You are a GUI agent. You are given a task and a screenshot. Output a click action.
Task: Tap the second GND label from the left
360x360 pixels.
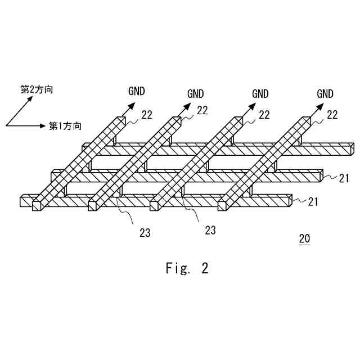click(x=196, y=93)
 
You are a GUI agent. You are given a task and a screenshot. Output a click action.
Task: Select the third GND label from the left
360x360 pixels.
click(x=260, y=93)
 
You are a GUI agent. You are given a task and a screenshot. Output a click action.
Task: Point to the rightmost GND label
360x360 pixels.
click(x=325, y=93)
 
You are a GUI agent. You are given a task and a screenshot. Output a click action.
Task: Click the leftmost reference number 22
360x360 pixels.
click(x=147, y=115)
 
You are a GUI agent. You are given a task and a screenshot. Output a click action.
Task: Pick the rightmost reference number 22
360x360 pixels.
click(x=332, y=115)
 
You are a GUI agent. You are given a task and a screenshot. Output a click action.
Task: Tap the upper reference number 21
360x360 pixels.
click(x=344, y=179)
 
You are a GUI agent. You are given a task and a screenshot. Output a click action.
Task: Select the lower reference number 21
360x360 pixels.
click(x=313, y=200)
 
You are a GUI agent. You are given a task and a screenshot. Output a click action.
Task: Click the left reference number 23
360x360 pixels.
click(x=145, y=232)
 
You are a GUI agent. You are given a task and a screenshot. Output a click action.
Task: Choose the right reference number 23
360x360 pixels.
click(x=210, y=229)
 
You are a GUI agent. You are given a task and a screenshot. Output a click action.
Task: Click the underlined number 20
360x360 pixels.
click(x=304, y=239)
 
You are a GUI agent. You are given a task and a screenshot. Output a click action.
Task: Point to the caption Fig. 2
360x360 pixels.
click(x=187, y=268)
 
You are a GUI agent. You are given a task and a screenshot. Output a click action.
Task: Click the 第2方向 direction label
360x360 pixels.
click(x=37, y=89)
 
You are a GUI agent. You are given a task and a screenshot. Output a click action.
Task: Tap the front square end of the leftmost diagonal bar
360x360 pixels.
click(x=37, y=206)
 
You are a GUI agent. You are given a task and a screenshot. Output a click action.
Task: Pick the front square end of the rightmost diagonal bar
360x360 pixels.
click(x=222, y=206)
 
